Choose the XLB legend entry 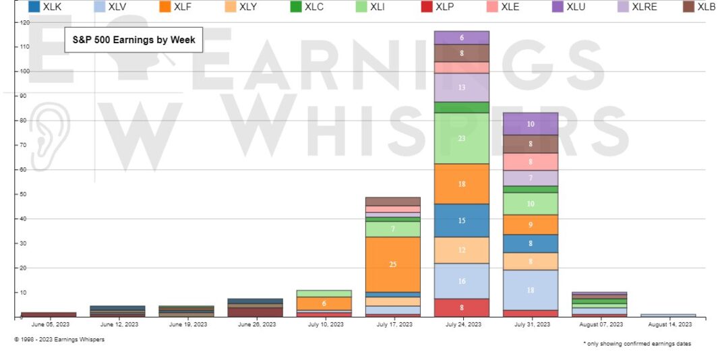point(700,7)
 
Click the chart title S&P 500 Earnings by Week point(134,40)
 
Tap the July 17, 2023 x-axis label point(392,324)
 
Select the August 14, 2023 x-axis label point(668,324)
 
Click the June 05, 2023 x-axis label point(49,324)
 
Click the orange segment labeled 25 point(392,264)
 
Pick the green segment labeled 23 point(462,138)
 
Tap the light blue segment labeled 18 point(531,290)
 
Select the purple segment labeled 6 point(462,38)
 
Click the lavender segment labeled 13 point(462,88)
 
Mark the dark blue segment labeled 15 point(462,220)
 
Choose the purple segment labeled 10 point(531,124)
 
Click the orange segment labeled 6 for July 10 point(324,303)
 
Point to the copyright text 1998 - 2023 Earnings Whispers point(59,339)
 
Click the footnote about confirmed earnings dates point(636,344)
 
